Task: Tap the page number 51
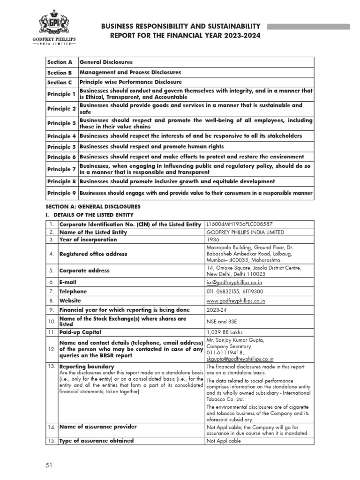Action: pyautogui.click(x=48, y=465)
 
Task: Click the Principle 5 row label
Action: pyautogui.click(x=61, y=146)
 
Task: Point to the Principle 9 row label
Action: pyautogui.click(x=61, y=192)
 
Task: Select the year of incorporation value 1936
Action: pyautogui.click(x=214, y=240)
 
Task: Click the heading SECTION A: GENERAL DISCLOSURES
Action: pyautogui.click(x=93, y=206)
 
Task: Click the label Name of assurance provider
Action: pyautogui.click(x=98, y=427)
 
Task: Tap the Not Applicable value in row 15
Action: pyautogui.click(x=224, y=441)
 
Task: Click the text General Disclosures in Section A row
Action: pyautogui.click(x=106, y=62)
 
